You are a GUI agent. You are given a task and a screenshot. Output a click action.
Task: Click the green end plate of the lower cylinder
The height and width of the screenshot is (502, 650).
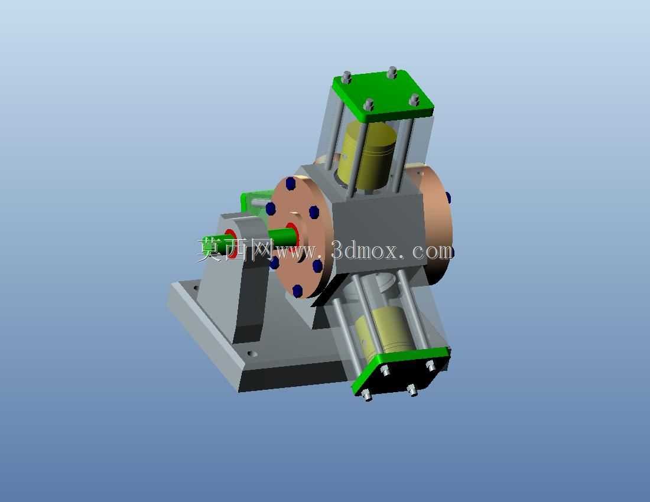coord(401,371)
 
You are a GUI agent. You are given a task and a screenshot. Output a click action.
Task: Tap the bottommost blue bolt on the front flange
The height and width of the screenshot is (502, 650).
coord(297,291)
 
